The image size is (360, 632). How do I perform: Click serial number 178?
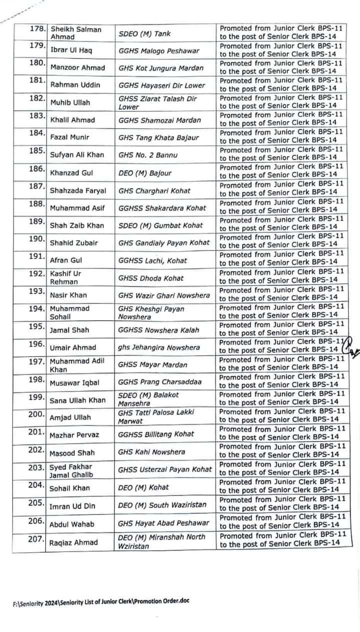(x=38, y=28)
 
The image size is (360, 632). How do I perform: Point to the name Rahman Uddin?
(x=75, y=85)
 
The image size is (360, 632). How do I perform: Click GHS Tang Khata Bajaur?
(x=158, y=137)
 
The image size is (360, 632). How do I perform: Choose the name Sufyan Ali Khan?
(x=77, y=155)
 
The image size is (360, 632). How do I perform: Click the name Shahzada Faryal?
(x=77, y=190)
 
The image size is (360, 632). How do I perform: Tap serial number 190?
(x=38, y=238)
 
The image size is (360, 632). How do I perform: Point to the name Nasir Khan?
(x=68, y=295)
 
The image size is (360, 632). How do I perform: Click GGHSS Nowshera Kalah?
(x=158, y=330)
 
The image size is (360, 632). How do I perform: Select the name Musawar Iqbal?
(x=75, y=382)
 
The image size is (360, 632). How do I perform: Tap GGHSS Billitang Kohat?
(x=156, y=434)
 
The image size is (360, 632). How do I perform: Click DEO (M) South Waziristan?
(x=162, y=505)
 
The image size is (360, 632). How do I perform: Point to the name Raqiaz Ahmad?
(x=73, y=542)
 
